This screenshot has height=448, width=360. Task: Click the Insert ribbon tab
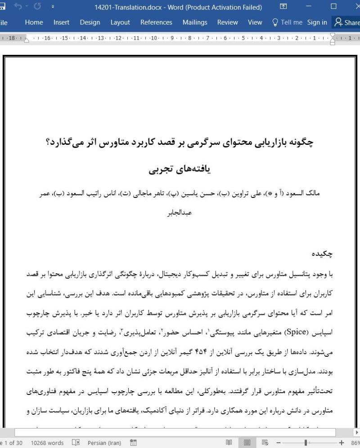pos(61,22)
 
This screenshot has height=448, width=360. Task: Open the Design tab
pos(90,22)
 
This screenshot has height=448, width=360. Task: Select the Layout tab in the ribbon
pos(120,22)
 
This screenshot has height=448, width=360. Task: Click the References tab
pos(156,22)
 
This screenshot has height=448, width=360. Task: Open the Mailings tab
pos(195,22)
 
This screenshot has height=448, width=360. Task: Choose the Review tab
pos(228,22)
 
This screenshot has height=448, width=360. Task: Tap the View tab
pos(255,22)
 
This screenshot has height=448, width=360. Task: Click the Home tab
pos(34,22)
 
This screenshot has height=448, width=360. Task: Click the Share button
pos(346,22)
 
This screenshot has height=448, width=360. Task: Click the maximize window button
pos(333,7)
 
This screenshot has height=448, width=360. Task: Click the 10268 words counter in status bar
pos(47,443)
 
